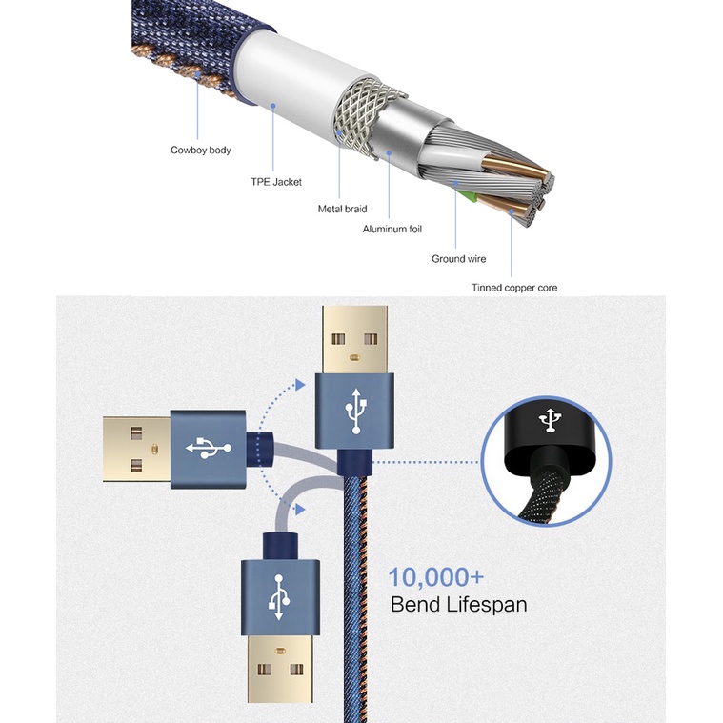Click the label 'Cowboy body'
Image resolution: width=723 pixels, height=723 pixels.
coord(200,151)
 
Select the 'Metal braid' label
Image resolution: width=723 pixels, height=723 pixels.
coord(342,209)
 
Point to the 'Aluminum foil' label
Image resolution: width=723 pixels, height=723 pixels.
coord(392,230)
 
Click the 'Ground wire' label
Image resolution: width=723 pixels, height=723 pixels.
coord(460,259)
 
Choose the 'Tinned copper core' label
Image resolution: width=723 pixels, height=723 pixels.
coord(514,288)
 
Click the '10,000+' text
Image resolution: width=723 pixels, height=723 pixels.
coord(435,577)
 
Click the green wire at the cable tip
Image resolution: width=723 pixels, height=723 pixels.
coord(467,197)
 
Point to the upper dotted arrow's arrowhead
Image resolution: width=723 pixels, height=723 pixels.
coord(301,384)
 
